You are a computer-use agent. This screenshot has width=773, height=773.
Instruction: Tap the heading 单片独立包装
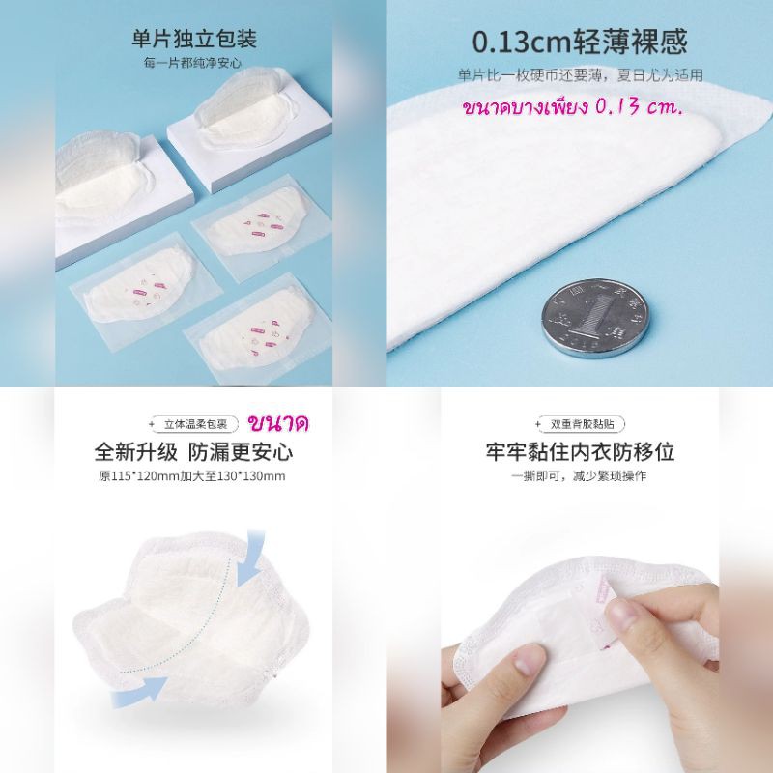click(x=194, y=39)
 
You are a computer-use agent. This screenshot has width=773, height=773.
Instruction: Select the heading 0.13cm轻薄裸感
click(x=579, y=42)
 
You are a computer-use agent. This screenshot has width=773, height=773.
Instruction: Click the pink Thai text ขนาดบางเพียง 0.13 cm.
click(x=573, y=107)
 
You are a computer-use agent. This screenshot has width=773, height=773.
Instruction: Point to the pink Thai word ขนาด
click(x=278, y=423)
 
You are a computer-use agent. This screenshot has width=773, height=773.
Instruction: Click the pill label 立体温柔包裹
click(x=195, y=424)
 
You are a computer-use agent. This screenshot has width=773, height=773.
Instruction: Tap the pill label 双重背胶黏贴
click(x=582, y=424)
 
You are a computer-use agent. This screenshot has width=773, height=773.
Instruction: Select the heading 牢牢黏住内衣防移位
click(x=580, y=451)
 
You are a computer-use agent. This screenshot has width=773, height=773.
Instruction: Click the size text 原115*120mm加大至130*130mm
click(x=191, y=476)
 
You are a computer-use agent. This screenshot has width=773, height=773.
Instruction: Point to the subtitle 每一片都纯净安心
click(x=192, y=63)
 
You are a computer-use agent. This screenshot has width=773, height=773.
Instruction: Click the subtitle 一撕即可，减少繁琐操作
click(x=579, y=476)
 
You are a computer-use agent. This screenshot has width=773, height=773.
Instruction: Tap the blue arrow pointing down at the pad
click(x=252, y=558)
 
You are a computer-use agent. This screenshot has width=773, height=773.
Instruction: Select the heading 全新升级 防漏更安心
click(x=193, y=451)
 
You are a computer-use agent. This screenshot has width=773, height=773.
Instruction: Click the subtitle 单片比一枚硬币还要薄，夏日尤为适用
click(x=581, y=75)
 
